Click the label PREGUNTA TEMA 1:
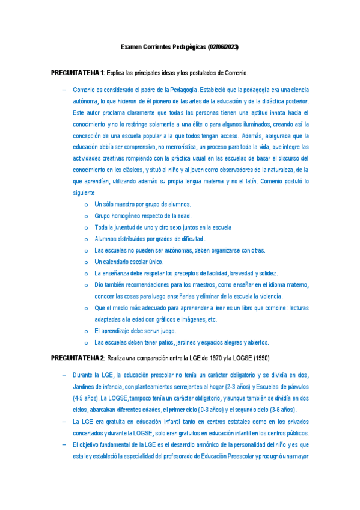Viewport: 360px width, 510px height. tap(78, 73)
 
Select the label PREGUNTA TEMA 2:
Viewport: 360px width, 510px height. tap(78, 358)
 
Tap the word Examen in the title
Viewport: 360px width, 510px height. tap(132, 46)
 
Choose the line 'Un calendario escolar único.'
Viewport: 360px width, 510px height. tap(129, 262)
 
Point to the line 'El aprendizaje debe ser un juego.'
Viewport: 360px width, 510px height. tap(136, 331)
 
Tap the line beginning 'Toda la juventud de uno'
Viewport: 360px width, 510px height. tap(163, 228)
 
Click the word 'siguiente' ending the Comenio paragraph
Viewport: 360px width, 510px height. tap(84, 192)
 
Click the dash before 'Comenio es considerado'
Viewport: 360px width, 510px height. tap(64, 90)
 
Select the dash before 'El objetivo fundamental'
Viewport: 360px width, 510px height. tap(64, 444)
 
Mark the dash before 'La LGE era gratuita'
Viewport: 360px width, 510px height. tap(64, 422)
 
